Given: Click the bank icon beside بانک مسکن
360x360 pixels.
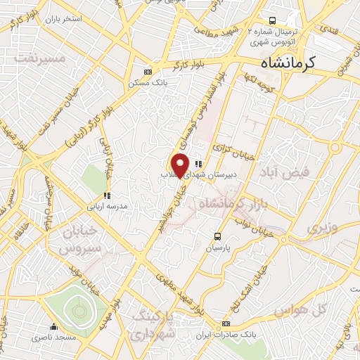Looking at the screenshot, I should click(x=147, y=72).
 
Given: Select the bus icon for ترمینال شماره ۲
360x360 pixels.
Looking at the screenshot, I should click(x=272, y=21).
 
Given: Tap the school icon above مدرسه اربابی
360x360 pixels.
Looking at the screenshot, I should click(x=107, y=195).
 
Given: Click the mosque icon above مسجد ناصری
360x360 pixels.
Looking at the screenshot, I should click(x=54, y=327).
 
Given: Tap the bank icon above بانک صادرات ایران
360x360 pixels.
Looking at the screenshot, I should click(x=225, y=323).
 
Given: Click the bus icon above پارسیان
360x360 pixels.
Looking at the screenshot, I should click(x=218, y=236).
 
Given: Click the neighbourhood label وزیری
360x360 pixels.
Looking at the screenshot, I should click(x=321, y=227).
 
